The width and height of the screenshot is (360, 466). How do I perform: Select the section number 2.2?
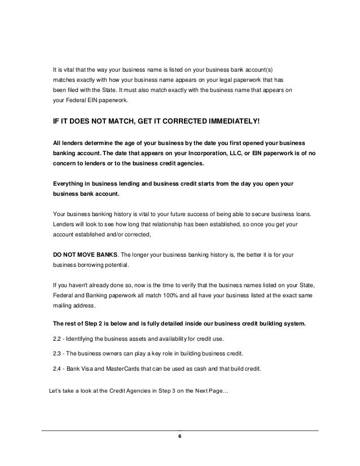click(57, 338)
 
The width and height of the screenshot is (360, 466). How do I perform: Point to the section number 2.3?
click(57, 353)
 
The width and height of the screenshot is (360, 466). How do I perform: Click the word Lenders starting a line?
click(64, 224)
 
